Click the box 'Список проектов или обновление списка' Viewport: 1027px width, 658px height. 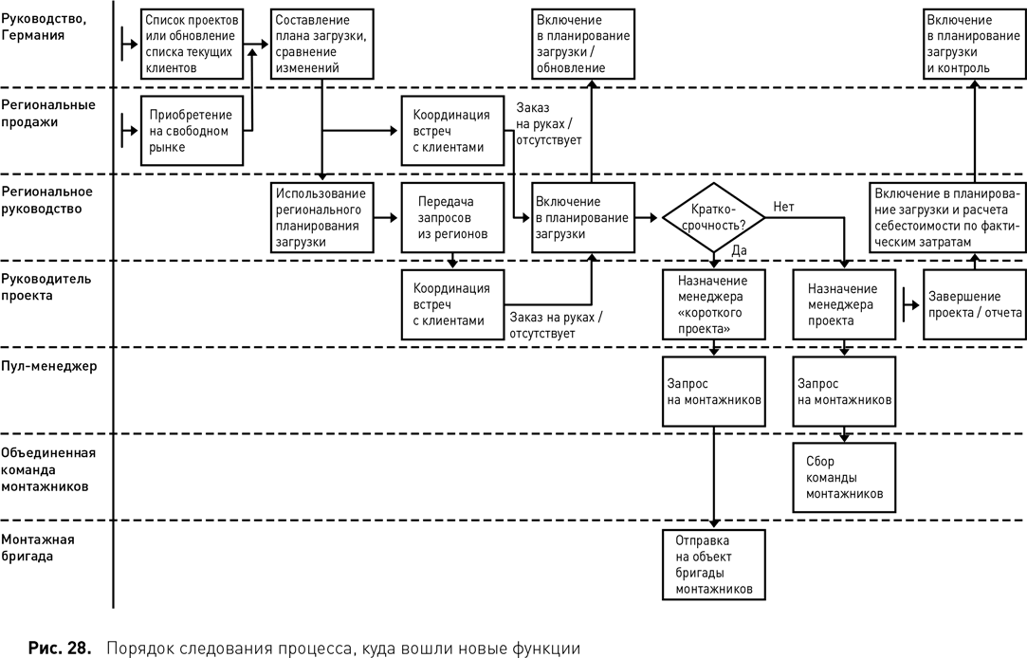[191, 43]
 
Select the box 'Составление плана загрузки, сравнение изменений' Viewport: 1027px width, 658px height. [320, 43]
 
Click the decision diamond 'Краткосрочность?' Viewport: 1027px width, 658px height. [712, 217]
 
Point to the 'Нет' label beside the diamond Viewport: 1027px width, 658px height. [783, 206]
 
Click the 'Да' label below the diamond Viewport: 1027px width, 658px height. [739, 249]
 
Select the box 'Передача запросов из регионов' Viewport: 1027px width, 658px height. [450, 217]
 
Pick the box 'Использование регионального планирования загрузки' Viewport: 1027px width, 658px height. [320, 217]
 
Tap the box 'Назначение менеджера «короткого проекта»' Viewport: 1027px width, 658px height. [712, 303]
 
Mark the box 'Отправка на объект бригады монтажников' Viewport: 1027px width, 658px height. [712, 564]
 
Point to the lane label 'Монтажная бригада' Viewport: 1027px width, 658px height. [40, 548]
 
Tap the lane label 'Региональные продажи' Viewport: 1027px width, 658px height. [48, 113]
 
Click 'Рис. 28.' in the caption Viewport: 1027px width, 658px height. [60, 649]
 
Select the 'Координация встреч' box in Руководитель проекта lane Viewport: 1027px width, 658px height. [450, 304]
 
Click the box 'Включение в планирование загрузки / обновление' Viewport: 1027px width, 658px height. [581, 43]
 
